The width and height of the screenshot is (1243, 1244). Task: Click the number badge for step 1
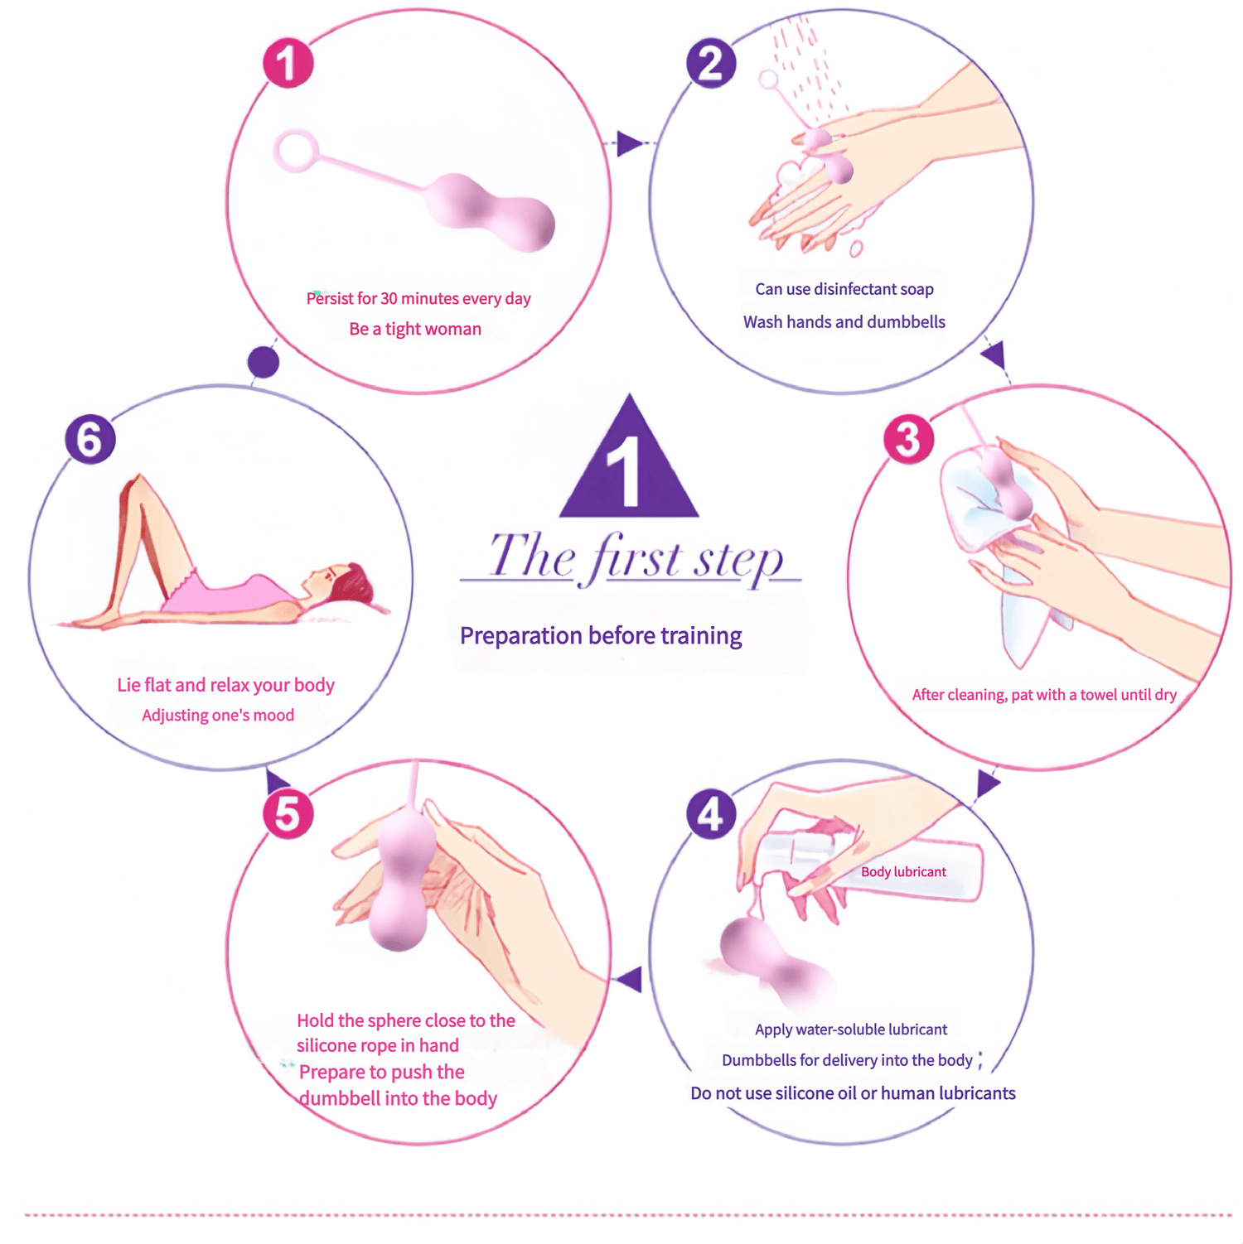288,64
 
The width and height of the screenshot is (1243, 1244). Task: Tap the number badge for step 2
711,64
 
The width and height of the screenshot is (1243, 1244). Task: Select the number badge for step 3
908,439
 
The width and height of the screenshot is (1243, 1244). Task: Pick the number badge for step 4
711,814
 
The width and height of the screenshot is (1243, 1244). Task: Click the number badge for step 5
288,814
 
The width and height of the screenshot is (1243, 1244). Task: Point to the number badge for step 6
89,439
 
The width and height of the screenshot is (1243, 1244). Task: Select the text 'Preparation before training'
601,636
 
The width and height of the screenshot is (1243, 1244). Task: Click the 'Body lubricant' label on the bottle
903,872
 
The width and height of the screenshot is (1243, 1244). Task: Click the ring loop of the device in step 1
296,151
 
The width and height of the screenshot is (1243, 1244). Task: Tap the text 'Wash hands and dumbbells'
844,322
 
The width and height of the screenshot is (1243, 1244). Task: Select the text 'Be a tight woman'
415,330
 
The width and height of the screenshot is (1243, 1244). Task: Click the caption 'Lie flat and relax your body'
225,686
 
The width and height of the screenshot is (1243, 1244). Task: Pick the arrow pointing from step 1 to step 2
630,144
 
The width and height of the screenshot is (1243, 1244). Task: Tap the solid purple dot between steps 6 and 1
264,362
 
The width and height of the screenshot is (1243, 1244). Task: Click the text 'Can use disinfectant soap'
844,289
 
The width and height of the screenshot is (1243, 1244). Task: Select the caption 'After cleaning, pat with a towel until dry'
1044,695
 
